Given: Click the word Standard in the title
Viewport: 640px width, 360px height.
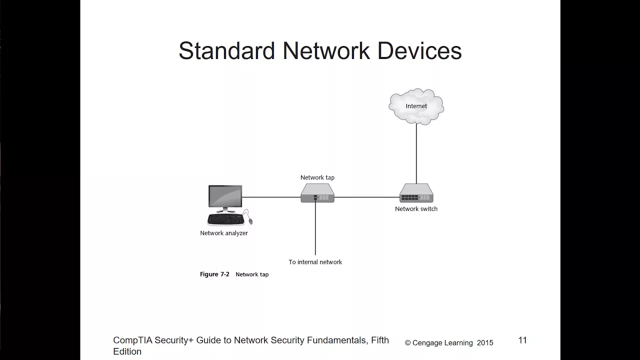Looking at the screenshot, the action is point(227,50).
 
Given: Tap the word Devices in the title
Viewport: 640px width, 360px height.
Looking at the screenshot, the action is point(419,50).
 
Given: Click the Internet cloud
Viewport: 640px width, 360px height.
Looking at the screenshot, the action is point(416,106).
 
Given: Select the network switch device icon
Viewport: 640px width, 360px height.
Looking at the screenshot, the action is point(416,193).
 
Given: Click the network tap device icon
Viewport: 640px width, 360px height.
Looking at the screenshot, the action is point(317,193).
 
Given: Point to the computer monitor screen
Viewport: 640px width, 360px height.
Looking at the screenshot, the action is point(225,196).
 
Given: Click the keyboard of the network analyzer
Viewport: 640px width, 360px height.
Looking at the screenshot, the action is point(225,219).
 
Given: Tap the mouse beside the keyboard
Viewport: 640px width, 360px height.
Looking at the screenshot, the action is point(250,221).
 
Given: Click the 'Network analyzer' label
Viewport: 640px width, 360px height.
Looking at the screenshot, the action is point(224,233).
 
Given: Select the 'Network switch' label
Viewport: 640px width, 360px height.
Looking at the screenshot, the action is point(416,209).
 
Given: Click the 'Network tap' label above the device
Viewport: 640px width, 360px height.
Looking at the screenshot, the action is point(317,177).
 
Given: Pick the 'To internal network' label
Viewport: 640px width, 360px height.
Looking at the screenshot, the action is point(315,262).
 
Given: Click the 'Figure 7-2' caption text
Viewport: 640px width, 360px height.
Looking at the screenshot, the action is point(214,274).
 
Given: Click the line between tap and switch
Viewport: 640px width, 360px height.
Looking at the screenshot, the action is point(367,197).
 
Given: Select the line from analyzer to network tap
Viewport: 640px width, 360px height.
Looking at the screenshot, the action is point(271,197).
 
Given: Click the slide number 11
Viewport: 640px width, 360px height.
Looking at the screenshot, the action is point(522,340).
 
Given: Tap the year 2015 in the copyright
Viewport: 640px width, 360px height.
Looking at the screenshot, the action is point(485,343).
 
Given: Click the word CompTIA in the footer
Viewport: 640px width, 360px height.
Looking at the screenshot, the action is point(133,340).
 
